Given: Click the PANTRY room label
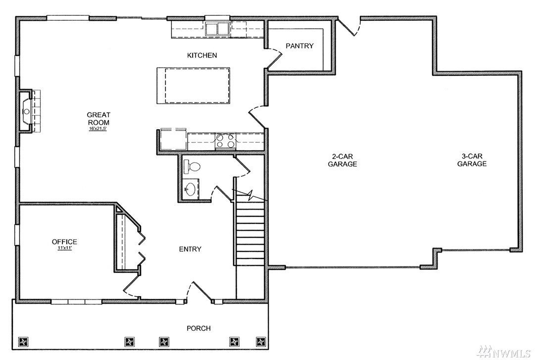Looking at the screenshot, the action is [299, 46].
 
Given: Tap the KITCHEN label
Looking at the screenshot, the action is [202, 55].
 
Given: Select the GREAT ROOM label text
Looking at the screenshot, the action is [98, 119].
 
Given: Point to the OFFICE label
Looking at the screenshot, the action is [64, 242].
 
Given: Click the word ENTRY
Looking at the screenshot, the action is [190, 249].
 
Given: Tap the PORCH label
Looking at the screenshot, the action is [198, 328].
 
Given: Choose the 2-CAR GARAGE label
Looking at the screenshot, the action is [342, 160].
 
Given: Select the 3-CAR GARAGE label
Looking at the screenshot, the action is [472, 160].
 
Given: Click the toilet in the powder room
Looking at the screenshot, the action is [192, 166].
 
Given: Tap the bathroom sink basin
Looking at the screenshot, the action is [191, 188].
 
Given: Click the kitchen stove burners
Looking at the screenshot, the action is [225, 141].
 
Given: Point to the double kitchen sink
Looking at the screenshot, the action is [217, 28].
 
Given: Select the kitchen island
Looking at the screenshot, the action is [193, 85].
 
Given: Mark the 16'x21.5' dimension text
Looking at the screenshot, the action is [98, 129].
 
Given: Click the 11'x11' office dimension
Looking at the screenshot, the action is [64, 248].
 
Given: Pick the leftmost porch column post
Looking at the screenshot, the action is [23, 342].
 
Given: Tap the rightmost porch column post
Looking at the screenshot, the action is [261, 342].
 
